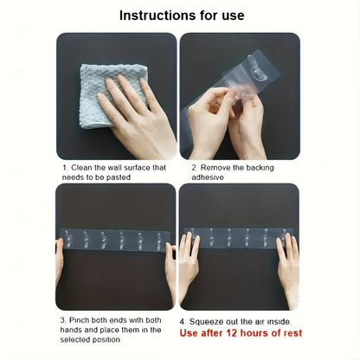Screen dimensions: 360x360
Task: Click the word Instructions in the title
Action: [155, 16]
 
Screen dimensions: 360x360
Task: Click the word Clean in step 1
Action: [81, 168]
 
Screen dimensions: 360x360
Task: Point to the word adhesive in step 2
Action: [208, 177]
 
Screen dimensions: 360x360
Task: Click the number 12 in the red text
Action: [231, 333]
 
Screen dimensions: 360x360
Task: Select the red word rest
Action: [292, 333]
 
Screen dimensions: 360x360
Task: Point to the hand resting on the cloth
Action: [138, 115]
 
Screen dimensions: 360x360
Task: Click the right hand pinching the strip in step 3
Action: [170, 267]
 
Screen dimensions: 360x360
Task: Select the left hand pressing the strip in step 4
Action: [188, 266]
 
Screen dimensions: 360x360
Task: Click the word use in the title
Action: [233, 16]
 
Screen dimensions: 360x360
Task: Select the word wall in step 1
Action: [114, 168]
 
